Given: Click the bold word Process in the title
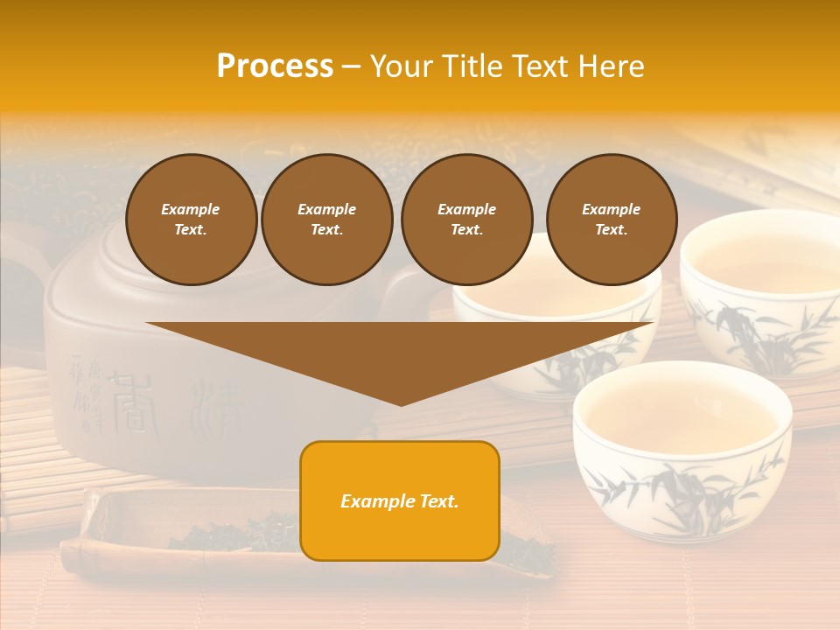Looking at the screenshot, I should click(x=275, y=66).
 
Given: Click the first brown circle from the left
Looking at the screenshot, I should click(x=191, y=220).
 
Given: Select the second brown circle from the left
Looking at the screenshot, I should click(x=326, y=220).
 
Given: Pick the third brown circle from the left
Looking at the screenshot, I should click(x=466, y=220).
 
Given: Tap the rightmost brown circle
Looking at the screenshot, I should click(x=611, y=220).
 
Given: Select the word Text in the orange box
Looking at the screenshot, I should click(x=435, y=501).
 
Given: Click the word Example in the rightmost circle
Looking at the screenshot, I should click(x=611, y=209).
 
